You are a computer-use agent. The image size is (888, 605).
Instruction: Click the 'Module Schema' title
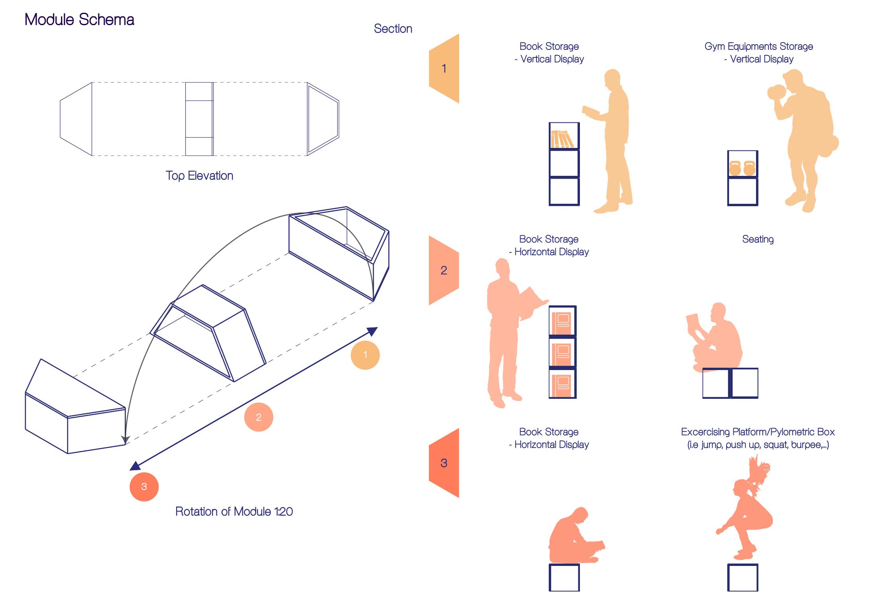click(79, 20)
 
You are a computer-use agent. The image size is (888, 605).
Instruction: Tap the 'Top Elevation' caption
click(199, 176)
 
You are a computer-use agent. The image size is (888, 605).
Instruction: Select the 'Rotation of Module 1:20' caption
click(234, 512)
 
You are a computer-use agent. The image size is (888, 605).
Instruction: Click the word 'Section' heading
click(393, 29)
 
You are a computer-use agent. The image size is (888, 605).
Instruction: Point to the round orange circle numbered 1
click(365, 355)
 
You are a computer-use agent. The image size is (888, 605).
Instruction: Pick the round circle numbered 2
click(259, 417)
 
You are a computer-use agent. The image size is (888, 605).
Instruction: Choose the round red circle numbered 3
click(144, 487)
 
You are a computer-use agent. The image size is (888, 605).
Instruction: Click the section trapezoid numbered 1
click(444, 69)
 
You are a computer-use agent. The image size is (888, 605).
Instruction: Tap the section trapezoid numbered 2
click(444, 270)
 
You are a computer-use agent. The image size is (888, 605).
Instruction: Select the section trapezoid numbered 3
click(444, 463)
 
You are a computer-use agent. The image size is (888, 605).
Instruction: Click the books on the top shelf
click(562, 139)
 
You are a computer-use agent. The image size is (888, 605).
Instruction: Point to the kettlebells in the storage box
click(742, 168)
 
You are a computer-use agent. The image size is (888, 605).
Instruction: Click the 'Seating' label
click(758, 239)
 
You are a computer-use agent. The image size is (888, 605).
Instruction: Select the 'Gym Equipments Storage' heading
click(758, 47)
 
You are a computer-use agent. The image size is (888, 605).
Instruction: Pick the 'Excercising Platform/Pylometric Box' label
click(758, 432)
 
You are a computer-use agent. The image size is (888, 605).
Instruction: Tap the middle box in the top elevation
click(199, 119)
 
